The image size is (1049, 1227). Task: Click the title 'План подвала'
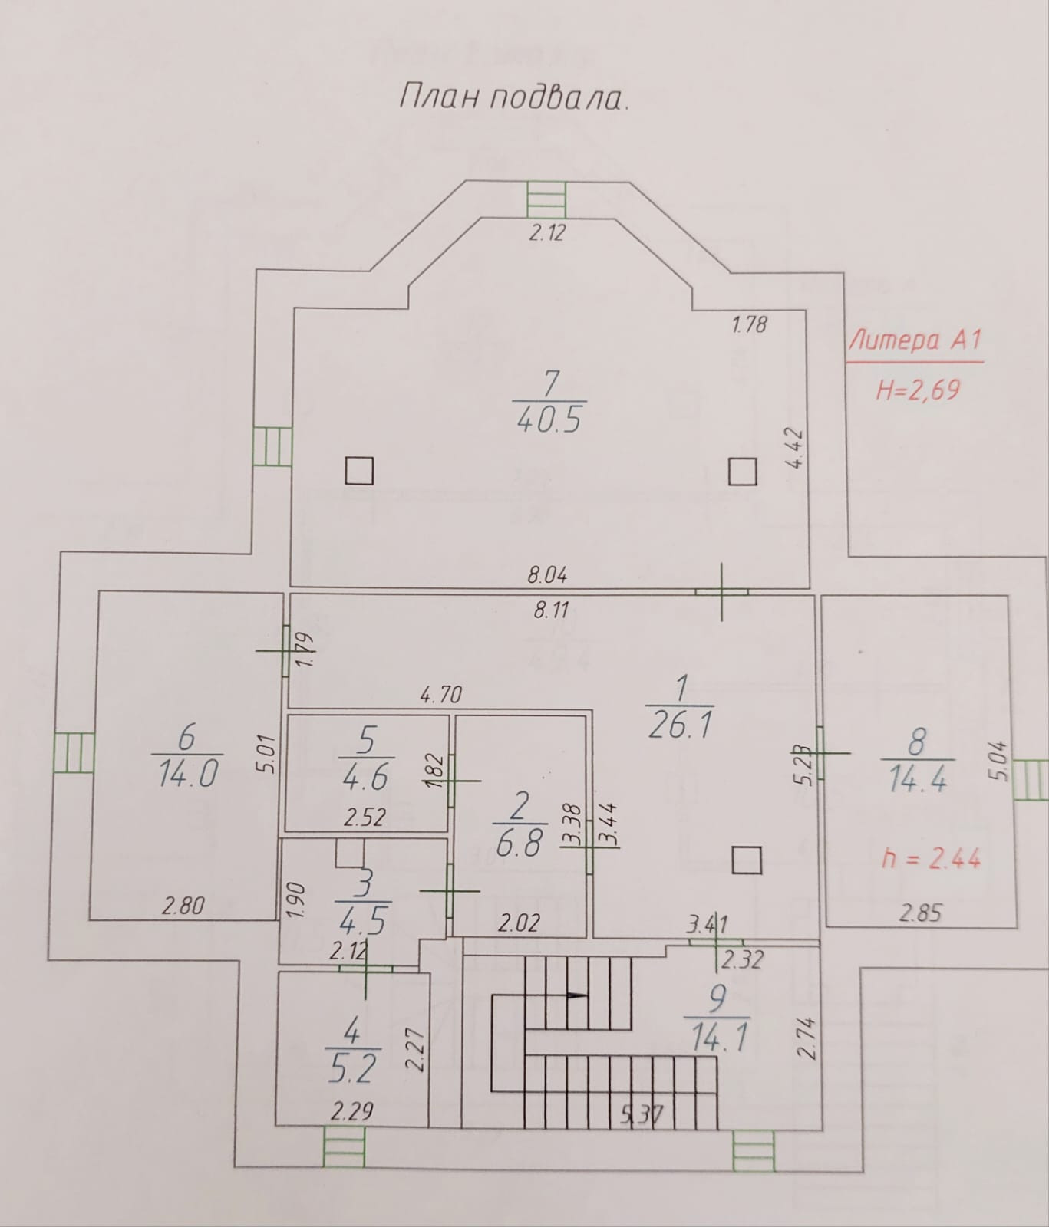pos(513,97)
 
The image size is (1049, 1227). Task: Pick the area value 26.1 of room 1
pos(680,724)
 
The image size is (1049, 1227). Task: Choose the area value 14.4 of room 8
pos(917,779)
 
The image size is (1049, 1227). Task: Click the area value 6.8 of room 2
pos(520,844)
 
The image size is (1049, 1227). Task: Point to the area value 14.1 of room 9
pos(718,1038)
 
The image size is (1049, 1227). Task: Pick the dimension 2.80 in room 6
pos(183,906)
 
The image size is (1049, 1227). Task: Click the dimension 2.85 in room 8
pos(919,913)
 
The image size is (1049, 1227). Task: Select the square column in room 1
pos(746,860)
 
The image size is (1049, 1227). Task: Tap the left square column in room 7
pos(358,471)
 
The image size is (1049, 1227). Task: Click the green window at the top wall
pos(546,200)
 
